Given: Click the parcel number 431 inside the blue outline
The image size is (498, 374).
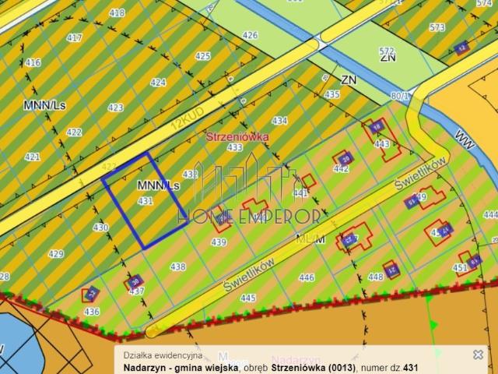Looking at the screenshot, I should [145, 200].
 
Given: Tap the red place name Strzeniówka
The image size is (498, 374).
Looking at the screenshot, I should [237, 136].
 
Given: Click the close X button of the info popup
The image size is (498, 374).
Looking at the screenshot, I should [478, 355].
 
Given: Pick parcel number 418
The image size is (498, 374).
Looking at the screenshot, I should [117, 13].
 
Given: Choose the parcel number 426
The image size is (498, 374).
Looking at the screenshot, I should [250, 36].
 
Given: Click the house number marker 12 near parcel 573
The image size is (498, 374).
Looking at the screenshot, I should [463, 48].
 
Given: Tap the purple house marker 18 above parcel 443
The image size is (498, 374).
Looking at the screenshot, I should [377, 127].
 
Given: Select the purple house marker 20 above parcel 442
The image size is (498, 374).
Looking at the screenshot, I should [346, 158].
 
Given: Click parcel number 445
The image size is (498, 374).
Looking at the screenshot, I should [248, 298].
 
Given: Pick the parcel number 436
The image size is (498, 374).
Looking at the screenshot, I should [92, 311].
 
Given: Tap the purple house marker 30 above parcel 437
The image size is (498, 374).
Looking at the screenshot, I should [135, 281].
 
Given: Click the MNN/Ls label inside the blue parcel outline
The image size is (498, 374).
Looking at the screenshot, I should [158, 186].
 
